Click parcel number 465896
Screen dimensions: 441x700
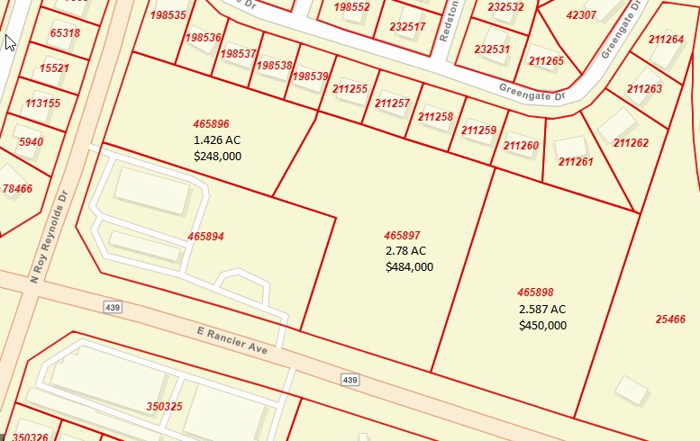211,124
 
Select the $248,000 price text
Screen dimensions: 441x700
217,156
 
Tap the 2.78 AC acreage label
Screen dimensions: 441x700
405,251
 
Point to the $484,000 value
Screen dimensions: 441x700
409,266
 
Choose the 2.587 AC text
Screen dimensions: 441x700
542,309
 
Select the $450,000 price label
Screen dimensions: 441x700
542,325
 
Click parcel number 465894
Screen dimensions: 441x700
205,237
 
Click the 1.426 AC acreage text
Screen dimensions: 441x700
217,140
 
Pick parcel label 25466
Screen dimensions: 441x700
670,319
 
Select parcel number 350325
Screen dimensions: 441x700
164,407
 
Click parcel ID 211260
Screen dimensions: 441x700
521,146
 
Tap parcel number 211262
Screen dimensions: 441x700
631,142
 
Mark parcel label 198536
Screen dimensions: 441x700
203,38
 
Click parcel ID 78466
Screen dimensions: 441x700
17,189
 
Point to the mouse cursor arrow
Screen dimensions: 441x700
10,42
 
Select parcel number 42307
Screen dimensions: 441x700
581,15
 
